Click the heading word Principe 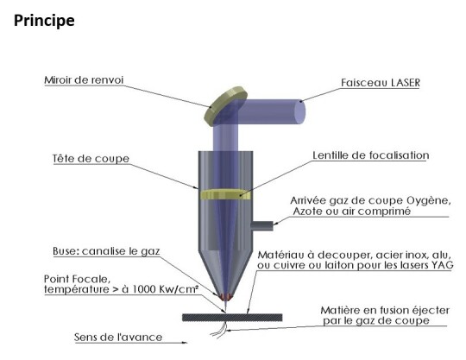pos(44,21)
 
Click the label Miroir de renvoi pos(84,80)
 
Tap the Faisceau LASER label pos(381,82)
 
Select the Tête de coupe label pos(91,159)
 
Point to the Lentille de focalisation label pos(371,155)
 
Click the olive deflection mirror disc pos(226,106)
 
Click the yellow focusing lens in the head pos(225,194)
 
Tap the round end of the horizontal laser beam pos(299,111)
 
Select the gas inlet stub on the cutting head pos(262,225)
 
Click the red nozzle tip pos(226,297)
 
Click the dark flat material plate pos(232,317)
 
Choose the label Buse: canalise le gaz pos(106,251)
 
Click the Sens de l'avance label pos(118,337)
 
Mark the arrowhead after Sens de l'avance pos(185,343)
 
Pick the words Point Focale pos(78,279)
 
